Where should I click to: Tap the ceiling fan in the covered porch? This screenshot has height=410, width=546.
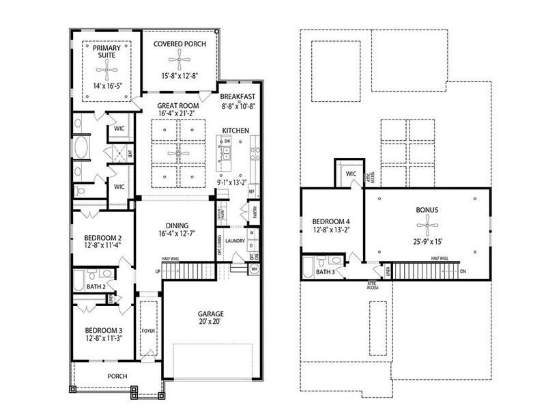[179, 61]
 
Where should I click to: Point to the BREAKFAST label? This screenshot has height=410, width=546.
[238, 96]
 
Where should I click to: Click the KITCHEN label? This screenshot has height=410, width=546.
[235, 130]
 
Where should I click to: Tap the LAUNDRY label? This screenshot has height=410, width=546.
[234, 241]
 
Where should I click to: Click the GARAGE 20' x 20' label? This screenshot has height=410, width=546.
[211, 314]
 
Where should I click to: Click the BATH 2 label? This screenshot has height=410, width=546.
[96, 287]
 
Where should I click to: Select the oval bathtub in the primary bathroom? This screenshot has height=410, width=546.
[81, 147]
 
